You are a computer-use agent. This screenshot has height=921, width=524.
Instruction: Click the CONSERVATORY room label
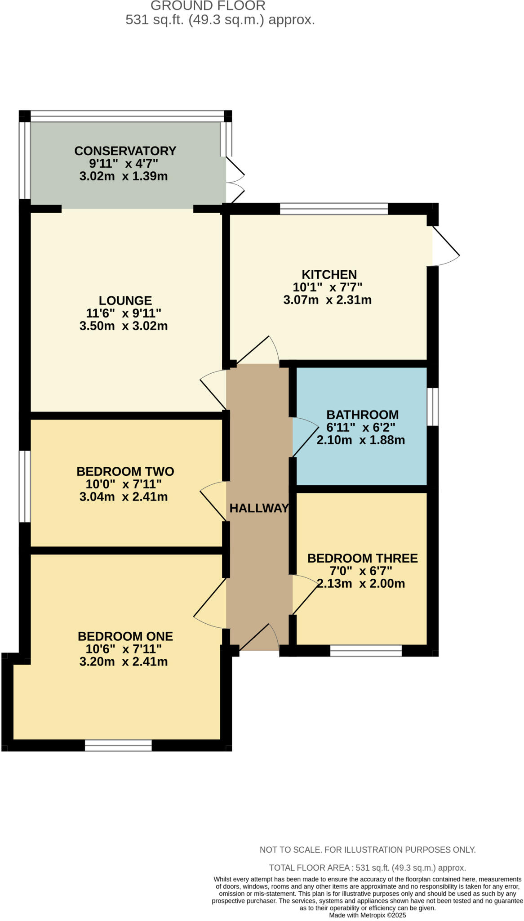125,151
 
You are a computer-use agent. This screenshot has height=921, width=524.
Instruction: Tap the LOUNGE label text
125,300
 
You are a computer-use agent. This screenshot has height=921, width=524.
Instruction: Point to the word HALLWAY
259,508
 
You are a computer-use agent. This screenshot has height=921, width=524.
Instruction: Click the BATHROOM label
362,415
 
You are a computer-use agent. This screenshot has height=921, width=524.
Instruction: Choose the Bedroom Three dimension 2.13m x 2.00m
361,584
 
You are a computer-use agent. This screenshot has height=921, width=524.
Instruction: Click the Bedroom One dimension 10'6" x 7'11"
124,649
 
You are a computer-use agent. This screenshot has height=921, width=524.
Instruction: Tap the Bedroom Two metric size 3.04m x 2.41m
124,497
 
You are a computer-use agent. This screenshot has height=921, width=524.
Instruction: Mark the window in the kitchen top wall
333,209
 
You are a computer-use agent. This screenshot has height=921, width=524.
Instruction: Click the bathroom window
432,407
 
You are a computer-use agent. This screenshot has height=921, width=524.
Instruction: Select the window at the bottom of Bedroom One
118,745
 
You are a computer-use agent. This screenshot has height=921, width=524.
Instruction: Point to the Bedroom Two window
25,487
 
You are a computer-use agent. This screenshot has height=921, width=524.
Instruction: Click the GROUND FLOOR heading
208,6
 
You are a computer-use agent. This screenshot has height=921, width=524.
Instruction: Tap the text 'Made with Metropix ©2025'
367,915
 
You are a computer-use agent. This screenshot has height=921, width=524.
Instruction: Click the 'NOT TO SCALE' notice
367,850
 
